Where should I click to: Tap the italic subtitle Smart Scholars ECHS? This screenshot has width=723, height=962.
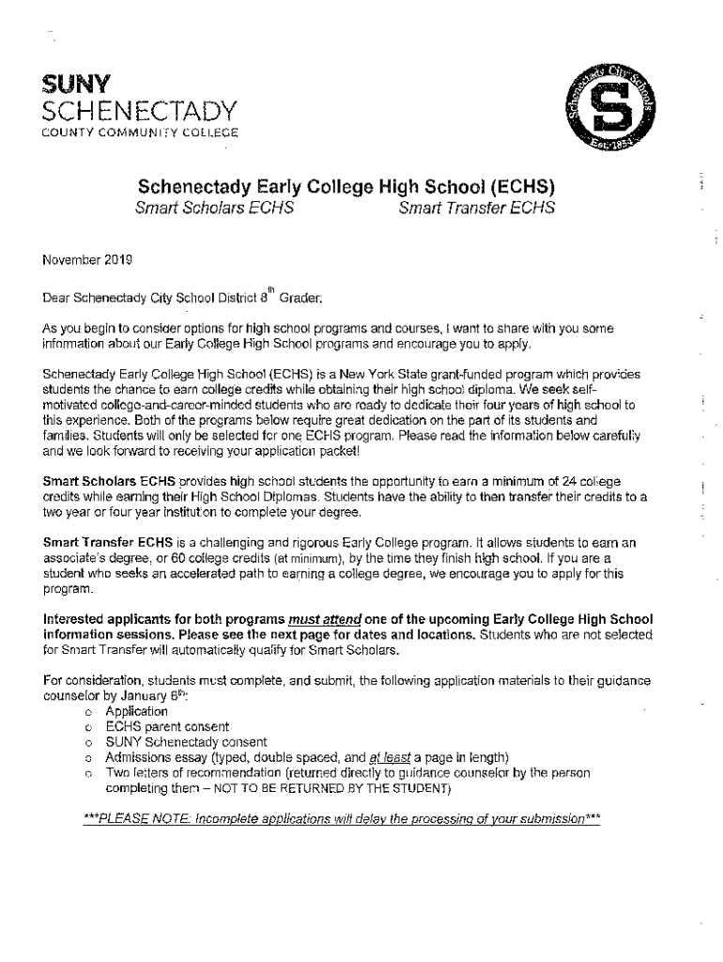tap(214, 208)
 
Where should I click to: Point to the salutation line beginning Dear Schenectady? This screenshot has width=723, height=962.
tap(183, 299)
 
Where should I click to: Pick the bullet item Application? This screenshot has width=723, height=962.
tap(137, 711)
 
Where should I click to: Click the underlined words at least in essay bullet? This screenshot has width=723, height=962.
tap(389, 757)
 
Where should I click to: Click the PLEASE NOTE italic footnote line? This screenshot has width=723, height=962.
tap(342, 818)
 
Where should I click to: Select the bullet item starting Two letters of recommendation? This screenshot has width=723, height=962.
tap(347, 772)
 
